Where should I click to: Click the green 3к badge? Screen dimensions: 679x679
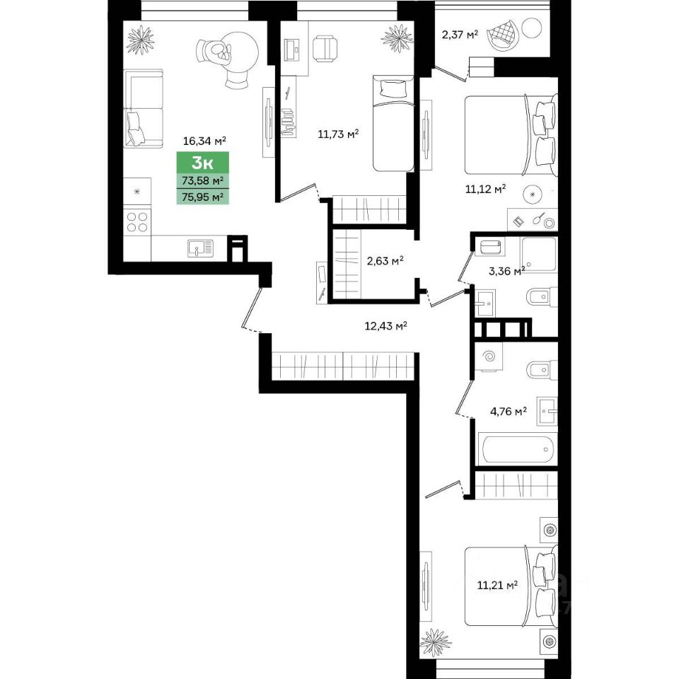pos(203,163)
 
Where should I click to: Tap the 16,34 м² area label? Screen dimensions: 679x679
pos(204,141)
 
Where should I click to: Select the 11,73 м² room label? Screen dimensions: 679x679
pos(338,134)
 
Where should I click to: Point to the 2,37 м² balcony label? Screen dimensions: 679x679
pos(460,34)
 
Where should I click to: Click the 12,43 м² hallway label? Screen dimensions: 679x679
pos(386,325)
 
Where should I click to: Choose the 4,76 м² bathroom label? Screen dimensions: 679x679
pos(508,411)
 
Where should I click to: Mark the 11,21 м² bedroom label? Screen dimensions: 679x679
pos(497,586)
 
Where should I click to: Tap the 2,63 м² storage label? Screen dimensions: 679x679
pos(385,261)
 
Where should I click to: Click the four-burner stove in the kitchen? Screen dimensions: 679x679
pos(137,221)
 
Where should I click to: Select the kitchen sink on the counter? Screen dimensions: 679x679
pos(200,248)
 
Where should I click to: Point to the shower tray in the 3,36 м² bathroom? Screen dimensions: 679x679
pos(539,254)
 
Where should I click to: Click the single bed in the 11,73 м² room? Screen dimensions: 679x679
pos(393,123)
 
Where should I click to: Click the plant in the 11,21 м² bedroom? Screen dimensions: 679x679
pos(436,643)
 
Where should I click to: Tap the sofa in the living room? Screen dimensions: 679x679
pos(144,109)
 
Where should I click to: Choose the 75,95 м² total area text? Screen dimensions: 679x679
pos(203,197)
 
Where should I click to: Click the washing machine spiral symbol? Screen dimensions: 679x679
pos(489,356)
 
